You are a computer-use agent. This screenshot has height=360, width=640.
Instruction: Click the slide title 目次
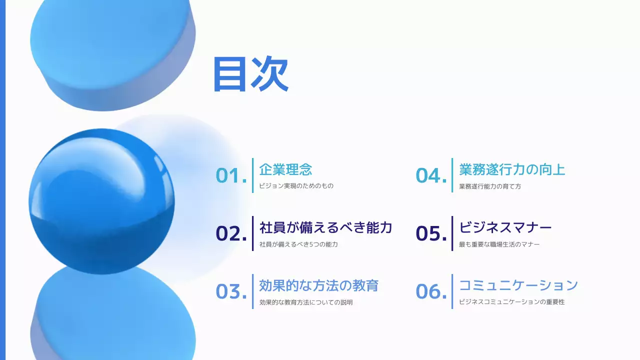tap(250, 74)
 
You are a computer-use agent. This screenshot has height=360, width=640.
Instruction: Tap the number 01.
tap(231, 175)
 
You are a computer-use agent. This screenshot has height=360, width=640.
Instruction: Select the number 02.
tap(231, 233)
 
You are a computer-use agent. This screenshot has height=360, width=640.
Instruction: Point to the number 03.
tap(231, 291)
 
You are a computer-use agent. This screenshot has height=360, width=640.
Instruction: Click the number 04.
tap(431, 175)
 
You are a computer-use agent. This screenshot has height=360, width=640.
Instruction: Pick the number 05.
tap(431, 233)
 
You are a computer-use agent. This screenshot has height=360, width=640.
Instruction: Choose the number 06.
tap(431, 291)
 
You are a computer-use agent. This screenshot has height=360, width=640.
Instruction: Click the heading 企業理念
tap(285, 169)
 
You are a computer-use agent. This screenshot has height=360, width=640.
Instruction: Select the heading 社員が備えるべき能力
tap(325, 227)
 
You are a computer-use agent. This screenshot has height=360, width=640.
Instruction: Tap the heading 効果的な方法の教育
tap(318, 285)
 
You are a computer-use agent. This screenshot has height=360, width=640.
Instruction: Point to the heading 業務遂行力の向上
tap(512, 169)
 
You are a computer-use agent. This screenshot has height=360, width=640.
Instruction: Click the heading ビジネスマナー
tap(505, 227)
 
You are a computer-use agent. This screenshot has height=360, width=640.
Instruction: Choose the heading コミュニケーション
tap(518, 285)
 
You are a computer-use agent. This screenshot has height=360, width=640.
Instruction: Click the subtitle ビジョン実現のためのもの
tap(296, 186)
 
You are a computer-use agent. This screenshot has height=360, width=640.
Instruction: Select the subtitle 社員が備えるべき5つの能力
tap(298, 244)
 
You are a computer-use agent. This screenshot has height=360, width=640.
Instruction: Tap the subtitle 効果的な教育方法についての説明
tap(306, 302)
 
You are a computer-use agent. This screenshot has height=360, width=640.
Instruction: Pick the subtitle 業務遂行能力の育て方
tap(490, 186)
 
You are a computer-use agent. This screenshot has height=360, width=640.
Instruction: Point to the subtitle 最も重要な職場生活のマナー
tap(499, 244)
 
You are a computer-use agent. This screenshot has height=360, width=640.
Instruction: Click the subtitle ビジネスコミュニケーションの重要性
tap(511, 302)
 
